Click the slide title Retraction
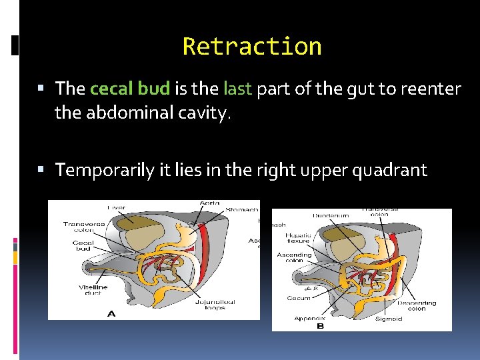tap(252, 47)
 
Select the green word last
tap(237, 89)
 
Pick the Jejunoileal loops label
tap(215, 305)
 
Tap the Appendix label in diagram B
tap(310, 319)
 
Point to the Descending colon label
tap(417, 305)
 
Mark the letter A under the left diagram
tap(111, 313)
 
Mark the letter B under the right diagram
tap(320, 327)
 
